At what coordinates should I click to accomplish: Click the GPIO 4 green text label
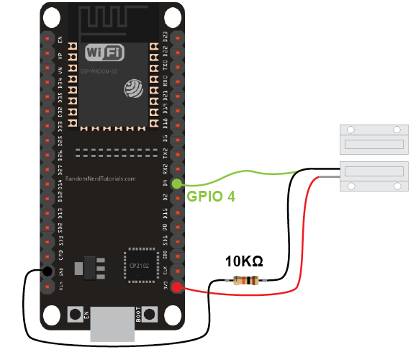click(211, 196)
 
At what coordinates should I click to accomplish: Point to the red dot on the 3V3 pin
click(177, 288)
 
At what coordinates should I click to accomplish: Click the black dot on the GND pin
click(47, 271)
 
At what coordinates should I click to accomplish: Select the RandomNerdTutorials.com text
click(101, 178)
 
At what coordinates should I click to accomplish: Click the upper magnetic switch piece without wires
click(373, 138)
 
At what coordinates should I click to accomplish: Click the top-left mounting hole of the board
click(51, 16)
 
